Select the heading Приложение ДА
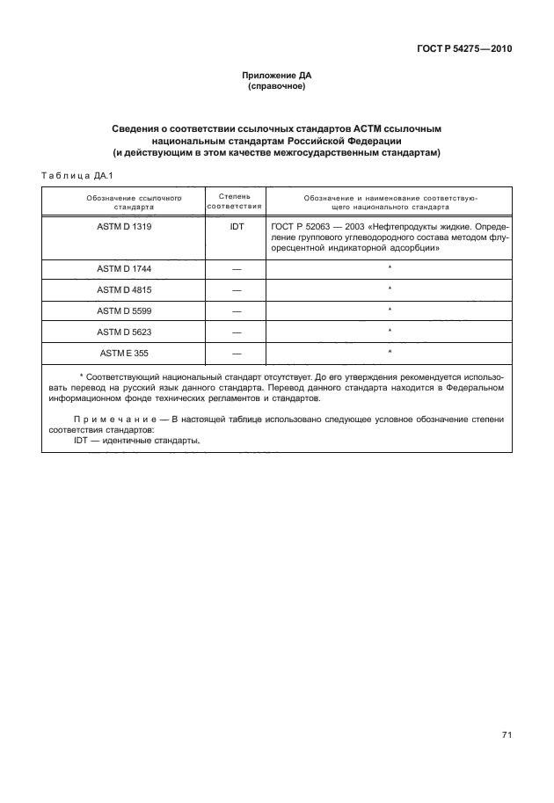coord(277,76)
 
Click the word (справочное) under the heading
coord(277,87)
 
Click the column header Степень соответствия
coord(235,202)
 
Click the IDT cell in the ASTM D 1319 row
coord(235,227)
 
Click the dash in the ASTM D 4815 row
coord(235,288)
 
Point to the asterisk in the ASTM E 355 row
coord(390,352)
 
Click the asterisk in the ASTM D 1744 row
coord(390,266)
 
